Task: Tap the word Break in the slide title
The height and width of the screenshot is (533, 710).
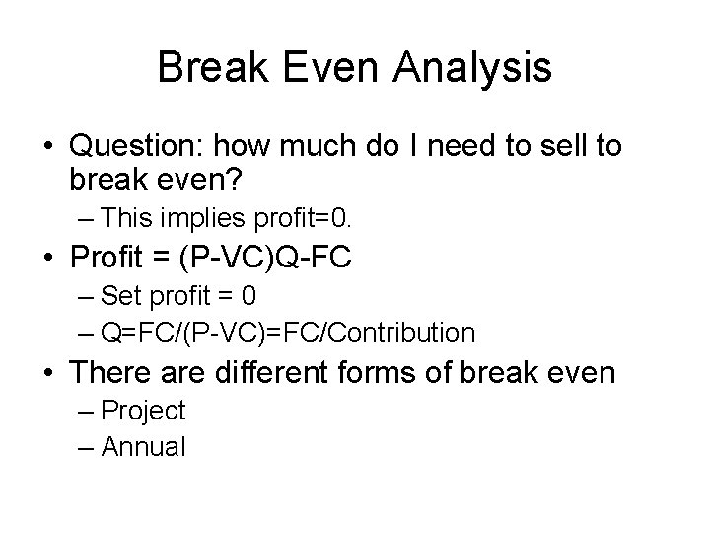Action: pyautogui.click(x=208, y=68)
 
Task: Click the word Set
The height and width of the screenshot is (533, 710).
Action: pyautogui.click(x=121, y=295)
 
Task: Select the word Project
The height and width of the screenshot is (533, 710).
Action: pyautogui.click(x=143, y=411)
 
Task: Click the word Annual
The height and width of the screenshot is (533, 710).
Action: pyautogui.click(x=143, y=447)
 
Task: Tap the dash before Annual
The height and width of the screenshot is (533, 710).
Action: pyautogui.click(x=85, y=447)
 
